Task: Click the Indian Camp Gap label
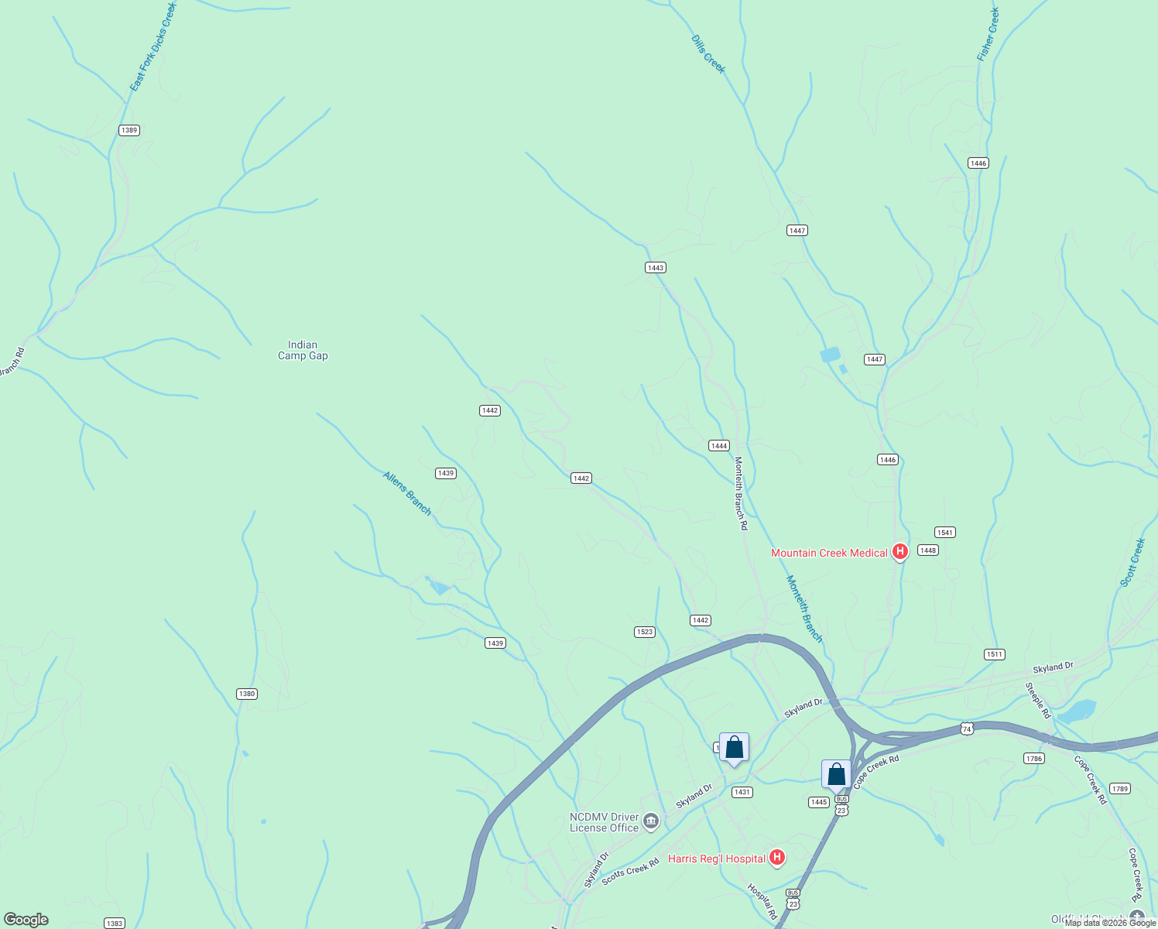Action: point(303,351)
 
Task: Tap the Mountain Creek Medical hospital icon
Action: point(899,552)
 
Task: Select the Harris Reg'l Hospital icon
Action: point(777,858)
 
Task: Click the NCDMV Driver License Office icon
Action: point(651,821)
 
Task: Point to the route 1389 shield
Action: point(129,130)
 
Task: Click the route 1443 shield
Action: point(656,268)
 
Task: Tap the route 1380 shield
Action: point(247,694)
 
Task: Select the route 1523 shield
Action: point(645,632)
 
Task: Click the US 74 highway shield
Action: point(967,728)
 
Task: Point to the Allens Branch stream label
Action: point(407,493)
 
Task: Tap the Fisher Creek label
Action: point(988,35)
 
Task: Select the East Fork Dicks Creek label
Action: point(153,46)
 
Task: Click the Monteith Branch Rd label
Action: point(741,493)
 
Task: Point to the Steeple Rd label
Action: point(1038,700)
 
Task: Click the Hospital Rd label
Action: point(762,901)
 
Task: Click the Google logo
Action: point(26,920)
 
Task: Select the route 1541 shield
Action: point(945,533)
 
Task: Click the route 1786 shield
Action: point(1034,758)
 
